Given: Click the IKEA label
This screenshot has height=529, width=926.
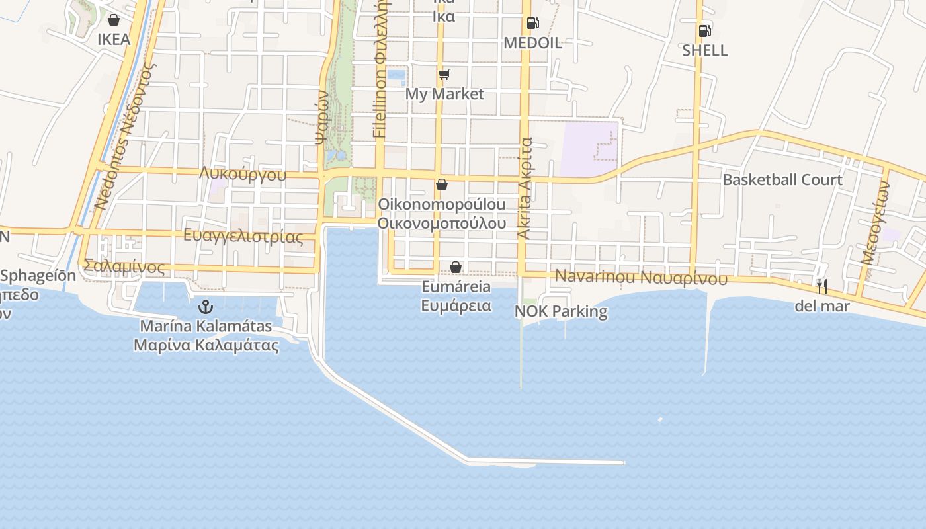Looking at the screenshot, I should [114, 39].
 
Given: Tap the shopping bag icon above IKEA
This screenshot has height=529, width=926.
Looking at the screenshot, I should [114, 20].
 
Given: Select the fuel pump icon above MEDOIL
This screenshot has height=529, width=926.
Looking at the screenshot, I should [532, 23].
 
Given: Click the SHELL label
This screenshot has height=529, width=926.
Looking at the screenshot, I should [704, 50].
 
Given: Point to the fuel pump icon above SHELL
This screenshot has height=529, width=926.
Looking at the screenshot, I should [704, 31].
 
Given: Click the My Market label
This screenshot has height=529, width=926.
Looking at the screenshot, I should [444, 94].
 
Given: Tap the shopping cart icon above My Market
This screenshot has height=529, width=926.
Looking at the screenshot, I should [444, 74].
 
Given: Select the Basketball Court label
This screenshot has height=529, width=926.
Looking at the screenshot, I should [782, 180].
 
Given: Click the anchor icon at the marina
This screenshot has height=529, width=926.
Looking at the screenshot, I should [206, 307].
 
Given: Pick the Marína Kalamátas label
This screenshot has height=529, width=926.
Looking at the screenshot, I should [206, 326].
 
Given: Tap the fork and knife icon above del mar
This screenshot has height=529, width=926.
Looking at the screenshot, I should [821, 286].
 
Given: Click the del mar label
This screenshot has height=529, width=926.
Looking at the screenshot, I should [821, 306].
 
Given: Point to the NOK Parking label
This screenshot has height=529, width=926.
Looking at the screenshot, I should [561, 311].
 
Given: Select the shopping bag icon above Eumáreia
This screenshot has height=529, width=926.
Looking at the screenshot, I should [456, 267].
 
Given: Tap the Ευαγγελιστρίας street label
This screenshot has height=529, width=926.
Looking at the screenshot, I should [243, 236].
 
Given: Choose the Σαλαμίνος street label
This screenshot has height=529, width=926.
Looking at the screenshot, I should [124, 266].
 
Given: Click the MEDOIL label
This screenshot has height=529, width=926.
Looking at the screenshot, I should [532, 43].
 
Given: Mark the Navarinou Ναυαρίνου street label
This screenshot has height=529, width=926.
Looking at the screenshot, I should [641, 278].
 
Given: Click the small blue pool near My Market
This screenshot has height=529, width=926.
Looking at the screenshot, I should [396, 78].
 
